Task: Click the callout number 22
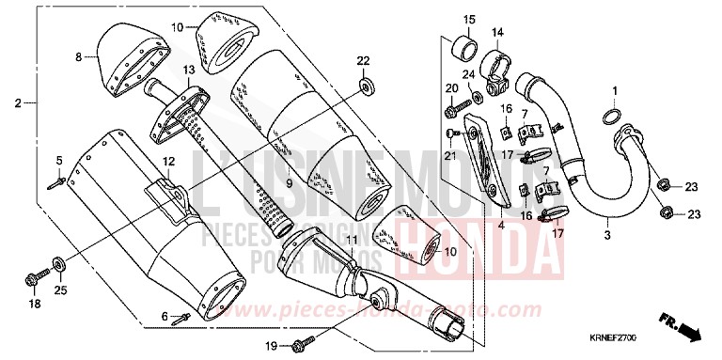[363, 61]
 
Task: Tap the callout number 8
[80, 58]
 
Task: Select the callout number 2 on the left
[17, 102]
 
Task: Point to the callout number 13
[189, 70]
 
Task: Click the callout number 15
[469, 20]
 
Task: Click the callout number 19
[270, 346]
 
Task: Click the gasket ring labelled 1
[609, 119]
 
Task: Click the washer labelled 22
[363, 87]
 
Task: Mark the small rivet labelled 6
[182, 317]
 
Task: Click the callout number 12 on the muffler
[168, 162]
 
